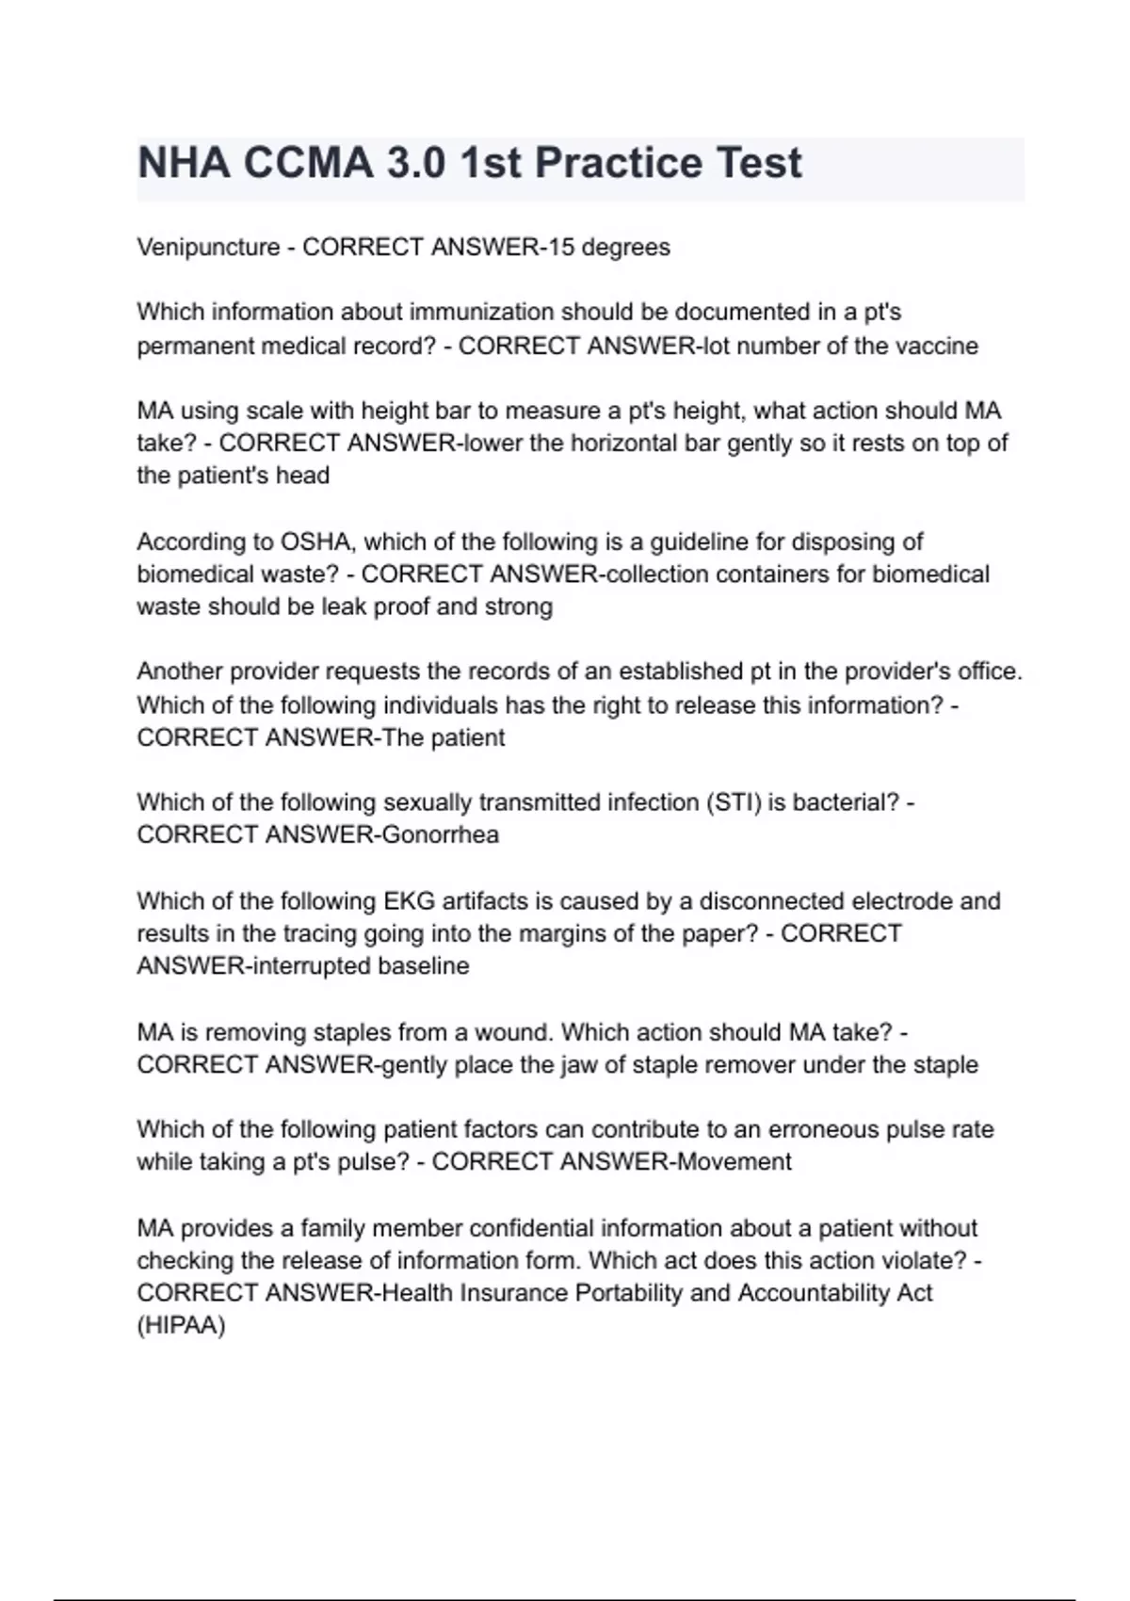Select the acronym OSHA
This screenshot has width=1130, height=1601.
[x=314, y=542]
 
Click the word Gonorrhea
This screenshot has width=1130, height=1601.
[x=440, y=834]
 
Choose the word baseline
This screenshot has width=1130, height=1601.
[x=423, y=965]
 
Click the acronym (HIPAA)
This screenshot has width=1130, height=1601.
[x=181, y=1325]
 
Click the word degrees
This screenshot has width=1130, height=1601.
[x=625, y=248]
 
